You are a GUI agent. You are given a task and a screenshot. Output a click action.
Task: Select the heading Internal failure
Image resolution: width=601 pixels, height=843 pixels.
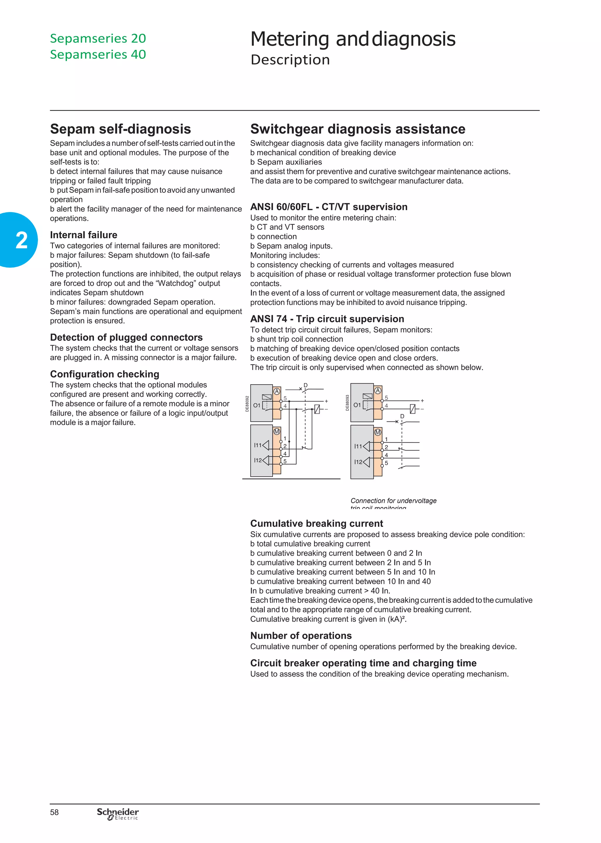point(84,235)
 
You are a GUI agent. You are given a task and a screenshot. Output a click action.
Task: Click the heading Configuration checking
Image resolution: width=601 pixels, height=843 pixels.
point(105,374)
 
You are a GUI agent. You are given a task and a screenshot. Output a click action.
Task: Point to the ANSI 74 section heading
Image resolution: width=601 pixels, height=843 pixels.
point(327,319)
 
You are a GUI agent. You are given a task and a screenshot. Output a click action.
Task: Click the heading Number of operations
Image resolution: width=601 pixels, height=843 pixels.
point(301,635)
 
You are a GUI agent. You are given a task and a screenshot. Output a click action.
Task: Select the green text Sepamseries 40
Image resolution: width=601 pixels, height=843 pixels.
point(98,54)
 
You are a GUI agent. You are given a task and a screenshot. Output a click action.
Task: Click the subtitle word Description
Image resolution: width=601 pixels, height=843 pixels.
point(290,60)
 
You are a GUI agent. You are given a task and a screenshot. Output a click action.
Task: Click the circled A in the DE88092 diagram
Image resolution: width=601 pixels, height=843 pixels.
point(276,391)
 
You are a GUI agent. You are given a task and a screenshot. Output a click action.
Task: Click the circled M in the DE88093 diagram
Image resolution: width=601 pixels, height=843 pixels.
point(377,432)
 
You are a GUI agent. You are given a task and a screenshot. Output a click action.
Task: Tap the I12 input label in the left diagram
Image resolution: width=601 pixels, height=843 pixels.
point(258,460)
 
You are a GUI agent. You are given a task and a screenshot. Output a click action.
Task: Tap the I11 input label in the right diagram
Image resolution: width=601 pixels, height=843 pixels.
point(358,446)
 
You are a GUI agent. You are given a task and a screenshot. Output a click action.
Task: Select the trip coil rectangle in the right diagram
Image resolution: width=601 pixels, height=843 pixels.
point(413,409)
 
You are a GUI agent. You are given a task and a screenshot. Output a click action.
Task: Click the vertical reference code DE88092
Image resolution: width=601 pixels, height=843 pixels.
point(247,404)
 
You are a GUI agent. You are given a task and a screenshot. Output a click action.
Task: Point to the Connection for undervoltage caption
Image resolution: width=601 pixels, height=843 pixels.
point(394,501)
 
